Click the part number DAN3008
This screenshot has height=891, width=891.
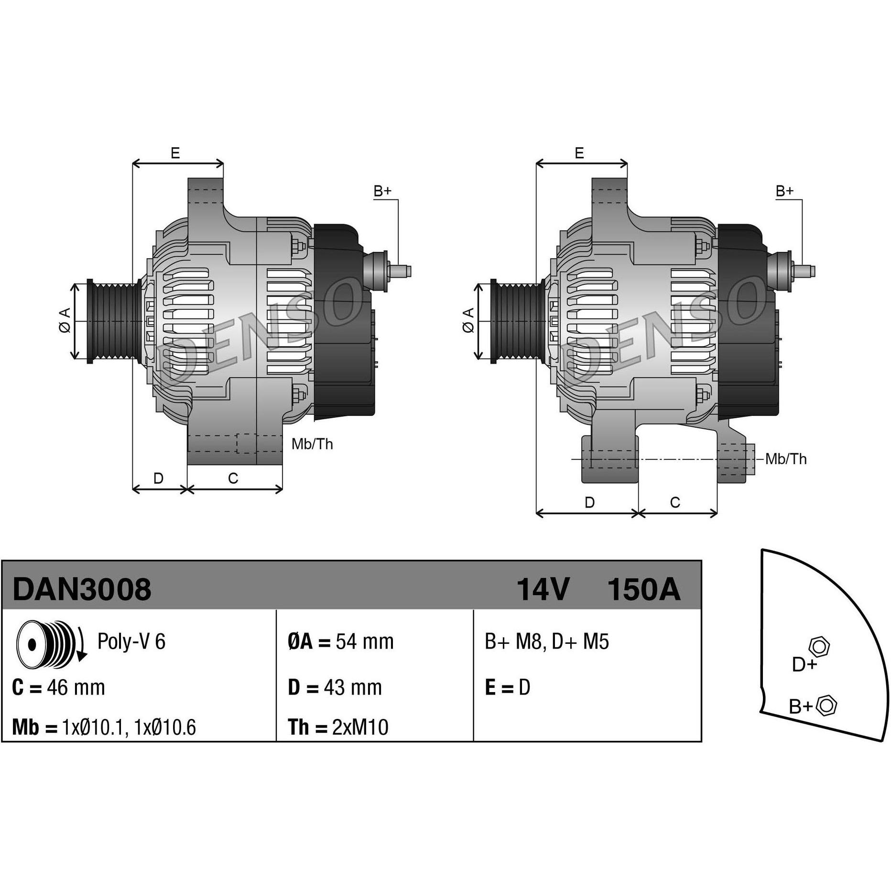point(82,589)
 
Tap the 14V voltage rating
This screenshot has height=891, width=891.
point(543,589)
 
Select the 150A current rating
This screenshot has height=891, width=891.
point(643,589)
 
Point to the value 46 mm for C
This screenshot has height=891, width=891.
point(76,688)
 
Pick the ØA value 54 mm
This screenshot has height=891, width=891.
point(365,641)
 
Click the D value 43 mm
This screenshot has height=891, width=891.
point(353,688)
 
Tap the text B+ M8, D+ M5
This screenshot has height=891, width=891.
point(547,641)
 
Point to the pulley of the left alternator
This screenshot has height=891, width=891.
point(113,321)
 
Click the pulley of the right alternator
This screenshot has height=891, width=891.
point(517,321)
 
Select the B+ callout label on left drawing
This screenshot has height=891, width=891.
point(382,191)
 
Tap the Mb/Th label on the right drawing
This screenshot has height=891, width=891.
point(786,459)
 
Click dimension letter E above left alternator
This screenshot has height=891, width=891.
point(175,153)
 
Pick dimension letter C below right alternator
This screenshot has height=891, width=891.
point(675,502)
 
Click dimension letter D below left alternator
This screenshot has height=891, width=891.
point(158,478)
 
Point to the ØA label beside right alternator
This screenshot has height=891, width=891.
point(468,320)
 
